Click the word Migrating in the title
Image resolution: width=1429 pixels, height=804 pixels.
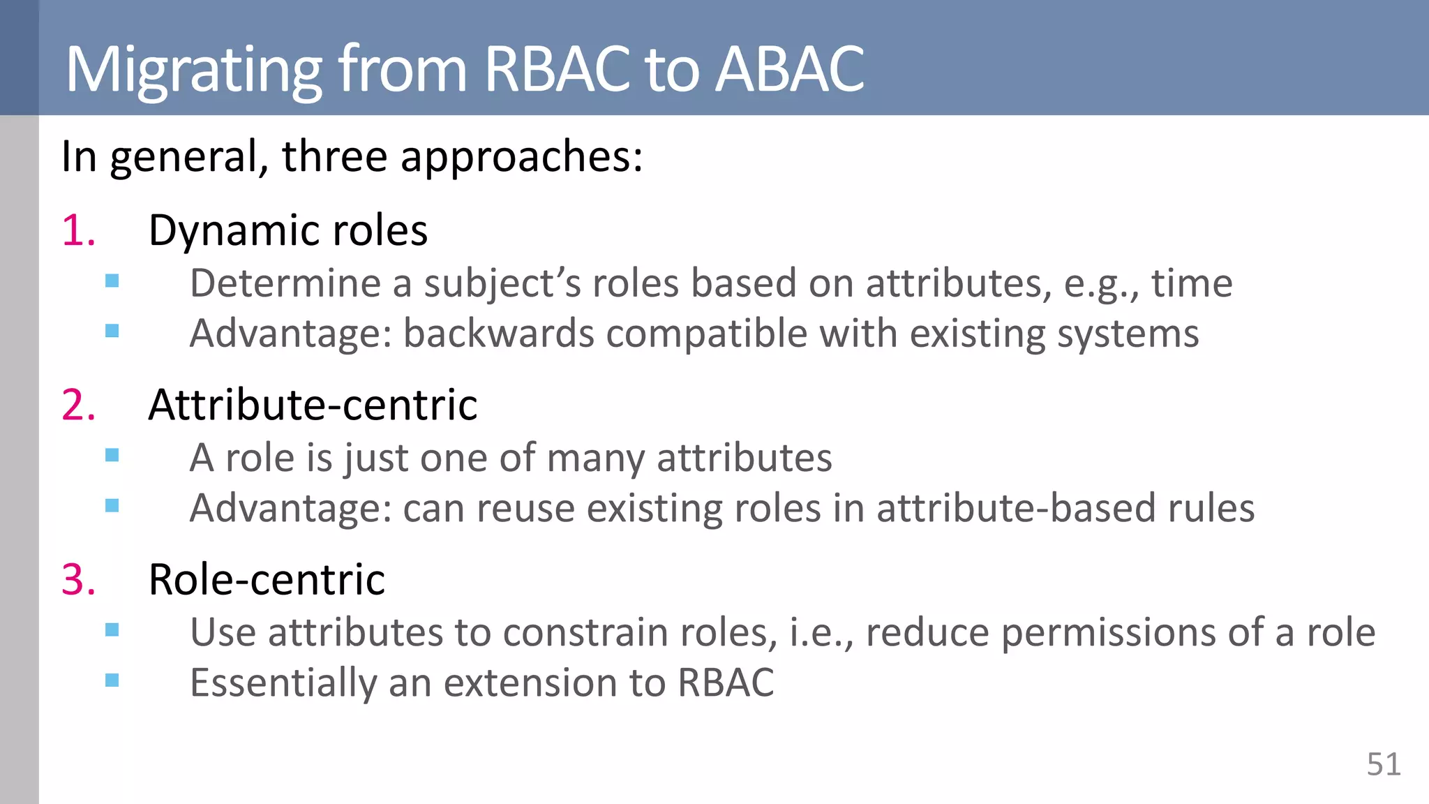193,70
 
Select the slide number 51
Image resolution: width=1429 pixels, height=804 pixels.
1383,764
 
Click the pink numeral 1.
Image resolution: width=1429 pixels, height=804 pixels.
77,230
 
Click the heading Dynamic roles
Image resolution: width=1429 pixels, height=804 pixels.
287,230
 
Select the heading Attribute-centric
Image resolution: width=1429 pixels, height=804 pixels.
313,405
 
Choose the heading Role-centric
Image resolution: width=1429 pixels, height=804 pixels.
267,579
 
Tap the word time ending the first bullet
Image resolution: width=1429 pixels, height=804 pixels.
1191,283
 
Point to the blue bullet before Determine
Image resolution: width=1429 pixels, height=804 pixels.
112,281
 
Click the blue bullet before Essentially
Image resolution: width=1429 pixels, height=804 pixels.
112,680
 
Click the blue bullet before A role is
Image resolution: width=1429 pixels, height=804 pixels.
112,456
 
